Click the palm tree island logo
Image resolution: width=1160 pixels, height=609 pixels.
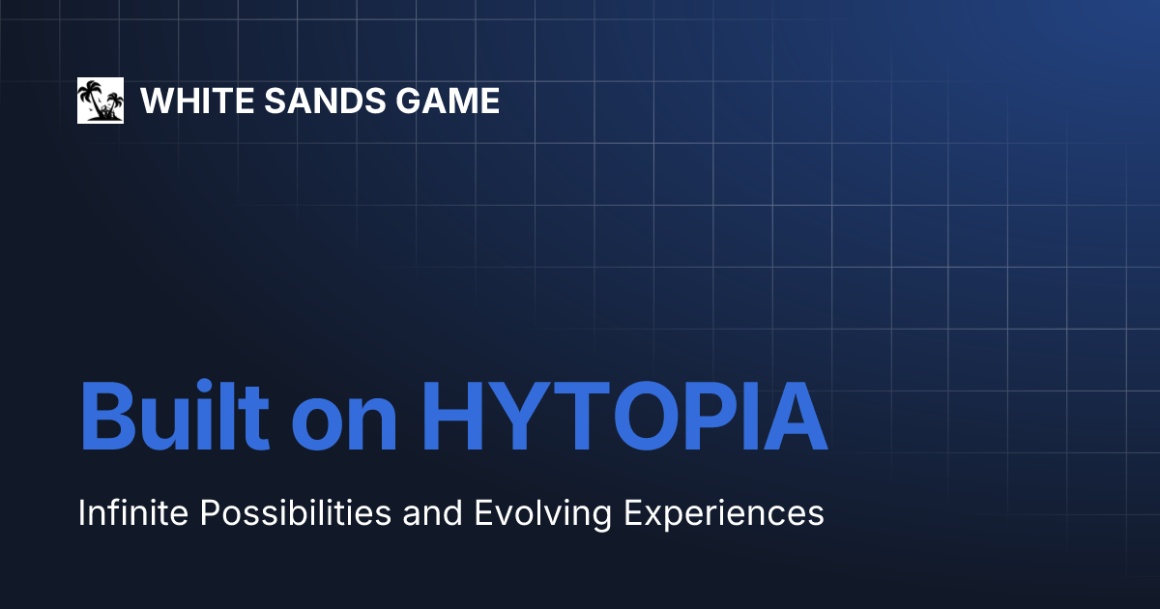(x=101, y=101)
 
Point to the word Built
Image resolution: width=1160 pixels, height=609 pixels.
(x=174, y=418)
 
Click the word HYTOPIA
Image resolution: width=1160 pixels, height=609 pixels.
(x=624, y=418)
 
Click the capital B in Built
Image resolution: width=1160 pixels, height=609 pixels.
(x=109, y=418)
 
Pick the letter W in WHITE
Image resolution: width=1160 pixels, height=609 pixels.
(x=157, y=101)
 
